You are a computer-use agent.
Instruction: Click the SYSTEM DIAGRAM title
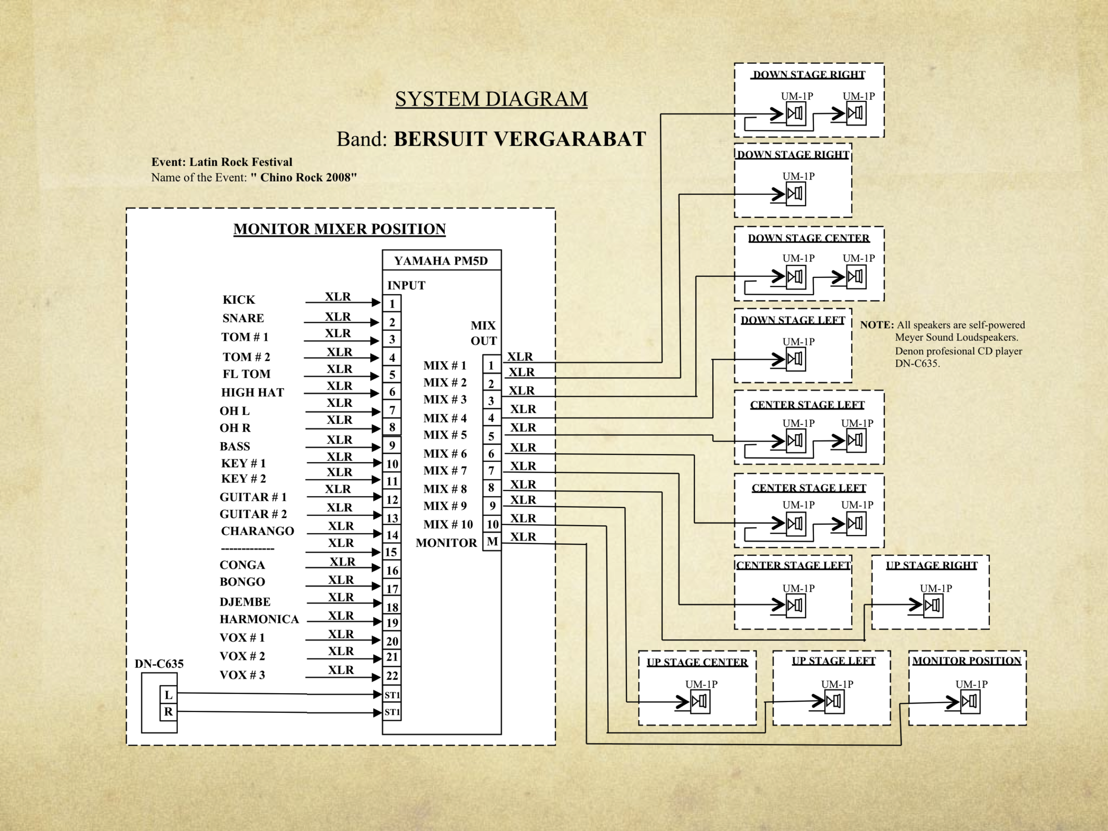point(491,99)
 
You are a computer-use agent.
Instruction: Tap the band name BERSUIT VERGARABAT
point(519,139)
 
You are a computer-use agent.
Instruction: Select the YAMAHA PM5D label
point(441,261)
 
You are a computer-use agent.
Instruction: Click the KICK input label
point(239,300)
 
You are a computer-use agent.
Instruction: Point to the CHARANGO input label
point(257,531)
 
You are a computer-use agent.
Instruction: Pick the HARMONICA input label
point(259,619)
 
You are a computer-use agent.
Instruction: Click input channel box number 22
point(392,676)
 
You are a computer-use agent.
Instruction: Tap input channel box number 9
point(392,445)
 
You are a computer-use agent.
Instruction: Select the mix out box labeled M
point(492,542)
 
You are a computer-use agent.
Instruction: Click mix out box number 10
point(492,524)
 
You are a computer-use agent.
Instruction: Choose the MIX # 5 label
point(445,435)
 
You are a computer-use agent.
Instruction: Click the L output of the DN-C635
point(168,695)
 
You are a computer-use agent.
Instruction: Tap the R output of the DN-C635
point(168,711)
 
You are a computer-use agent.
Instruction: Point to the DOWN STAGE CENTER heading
point(808,238)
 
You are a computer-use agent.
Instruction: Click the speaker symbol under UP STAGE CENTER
point(700,701)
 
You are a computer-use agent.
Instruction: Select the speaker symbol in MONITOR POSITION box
point(970,701)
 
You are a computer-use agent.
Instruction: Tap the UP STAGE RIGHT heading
point(931,566)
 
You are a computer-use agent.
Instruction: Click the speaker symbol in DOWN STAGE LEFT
point(796,359)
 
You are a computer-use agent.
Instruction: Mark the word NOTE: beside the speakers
point(877,324)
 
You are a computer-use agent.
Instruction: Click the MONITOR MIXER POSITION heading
point(339,229)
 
